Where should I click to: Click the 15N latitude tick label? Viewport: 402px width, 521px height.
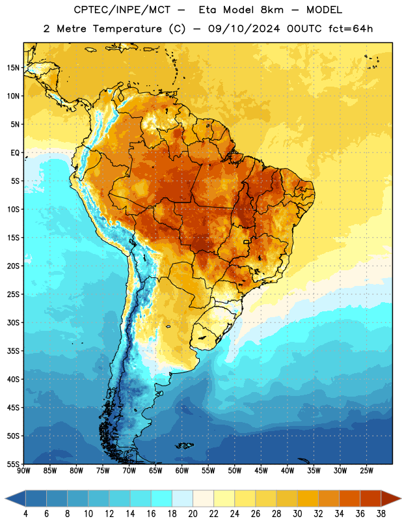(13, 68)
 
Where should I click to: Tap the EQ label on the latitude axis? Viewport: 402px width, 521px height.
(15, 153)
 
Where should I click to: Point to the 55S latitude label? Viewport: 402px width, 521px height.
(13, 464)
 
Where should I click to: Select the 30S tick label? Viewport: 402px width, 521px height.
(13, 322)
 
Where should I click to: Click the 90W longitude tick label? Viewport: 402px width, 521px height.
(23, 471)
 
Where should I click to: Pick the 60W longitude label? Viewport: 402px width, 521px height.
(182, 471)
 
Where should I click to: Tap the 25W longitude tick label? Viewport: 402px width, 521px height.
(366, 471)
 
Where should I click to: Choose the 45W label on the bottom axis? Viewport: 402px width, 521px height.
(261, 471)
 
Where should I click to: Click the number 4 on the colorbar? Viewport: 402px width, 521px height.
(25, 514)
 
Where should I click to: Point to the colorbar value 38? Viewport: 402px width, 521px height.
(381, 514)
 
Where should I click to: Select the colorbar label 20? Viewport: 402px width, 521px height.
(193, 514)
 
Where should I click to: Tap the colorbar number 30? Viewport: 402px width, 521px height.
(297, 514)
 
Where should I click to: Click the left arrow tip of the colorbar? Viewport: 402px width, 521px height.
(5, 498)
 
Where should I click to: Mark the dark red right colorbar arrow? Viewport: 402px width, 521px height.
(390, 498)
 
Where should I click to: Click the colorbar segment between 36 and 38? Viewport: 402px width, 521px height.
(371, 498)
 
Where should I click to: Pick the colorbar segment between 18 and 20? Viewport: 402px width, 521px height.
(182, 498)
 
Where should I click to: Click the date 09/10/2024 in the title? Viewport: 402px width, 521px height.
(244, 29)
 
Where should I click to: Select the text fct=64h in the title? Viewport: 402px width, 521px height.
(351, 29)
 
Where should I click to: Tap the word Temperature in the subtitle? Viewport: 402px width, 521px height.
(127, 29)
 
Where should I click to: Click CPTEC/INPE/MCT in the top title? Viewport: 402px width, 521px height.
(122, 10)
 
